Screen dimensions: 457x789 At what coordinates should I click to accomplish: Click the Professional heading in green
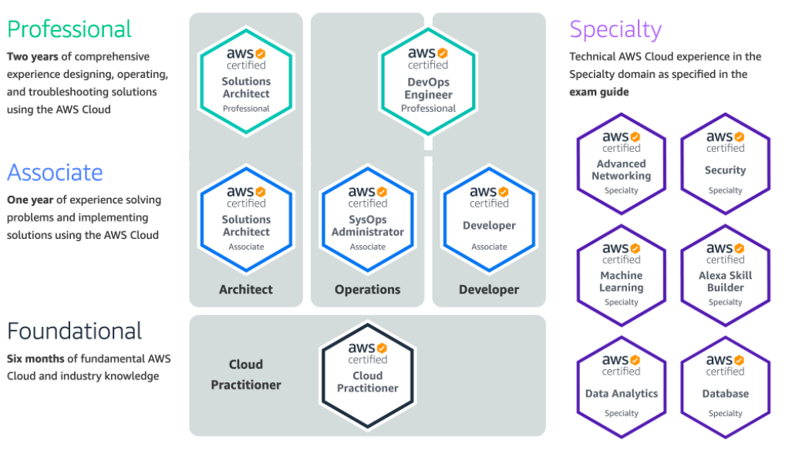pos(69,29)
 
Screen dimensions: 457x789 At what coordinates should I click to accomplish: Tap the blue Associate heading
pos(55,172)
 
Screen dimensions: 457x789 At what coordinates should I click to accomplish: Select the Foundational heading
pos(75,331)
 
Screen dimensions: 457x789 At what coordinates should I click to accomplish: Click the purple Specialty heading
pos(615,29)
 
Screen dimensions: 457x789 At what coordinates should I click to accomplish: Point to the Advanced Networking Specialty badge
pos(622,163)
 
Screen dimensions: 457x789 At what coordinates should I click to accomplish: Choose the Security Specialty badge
pos(725,163)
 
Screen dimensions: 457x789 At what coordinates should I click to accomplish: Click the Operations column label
pos(368,290)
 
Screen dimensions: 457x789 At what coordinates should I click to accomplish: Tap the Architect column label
pos(246,290)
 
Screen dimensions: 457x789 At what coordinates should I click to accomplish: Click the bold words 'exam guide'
pos(599,92)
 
